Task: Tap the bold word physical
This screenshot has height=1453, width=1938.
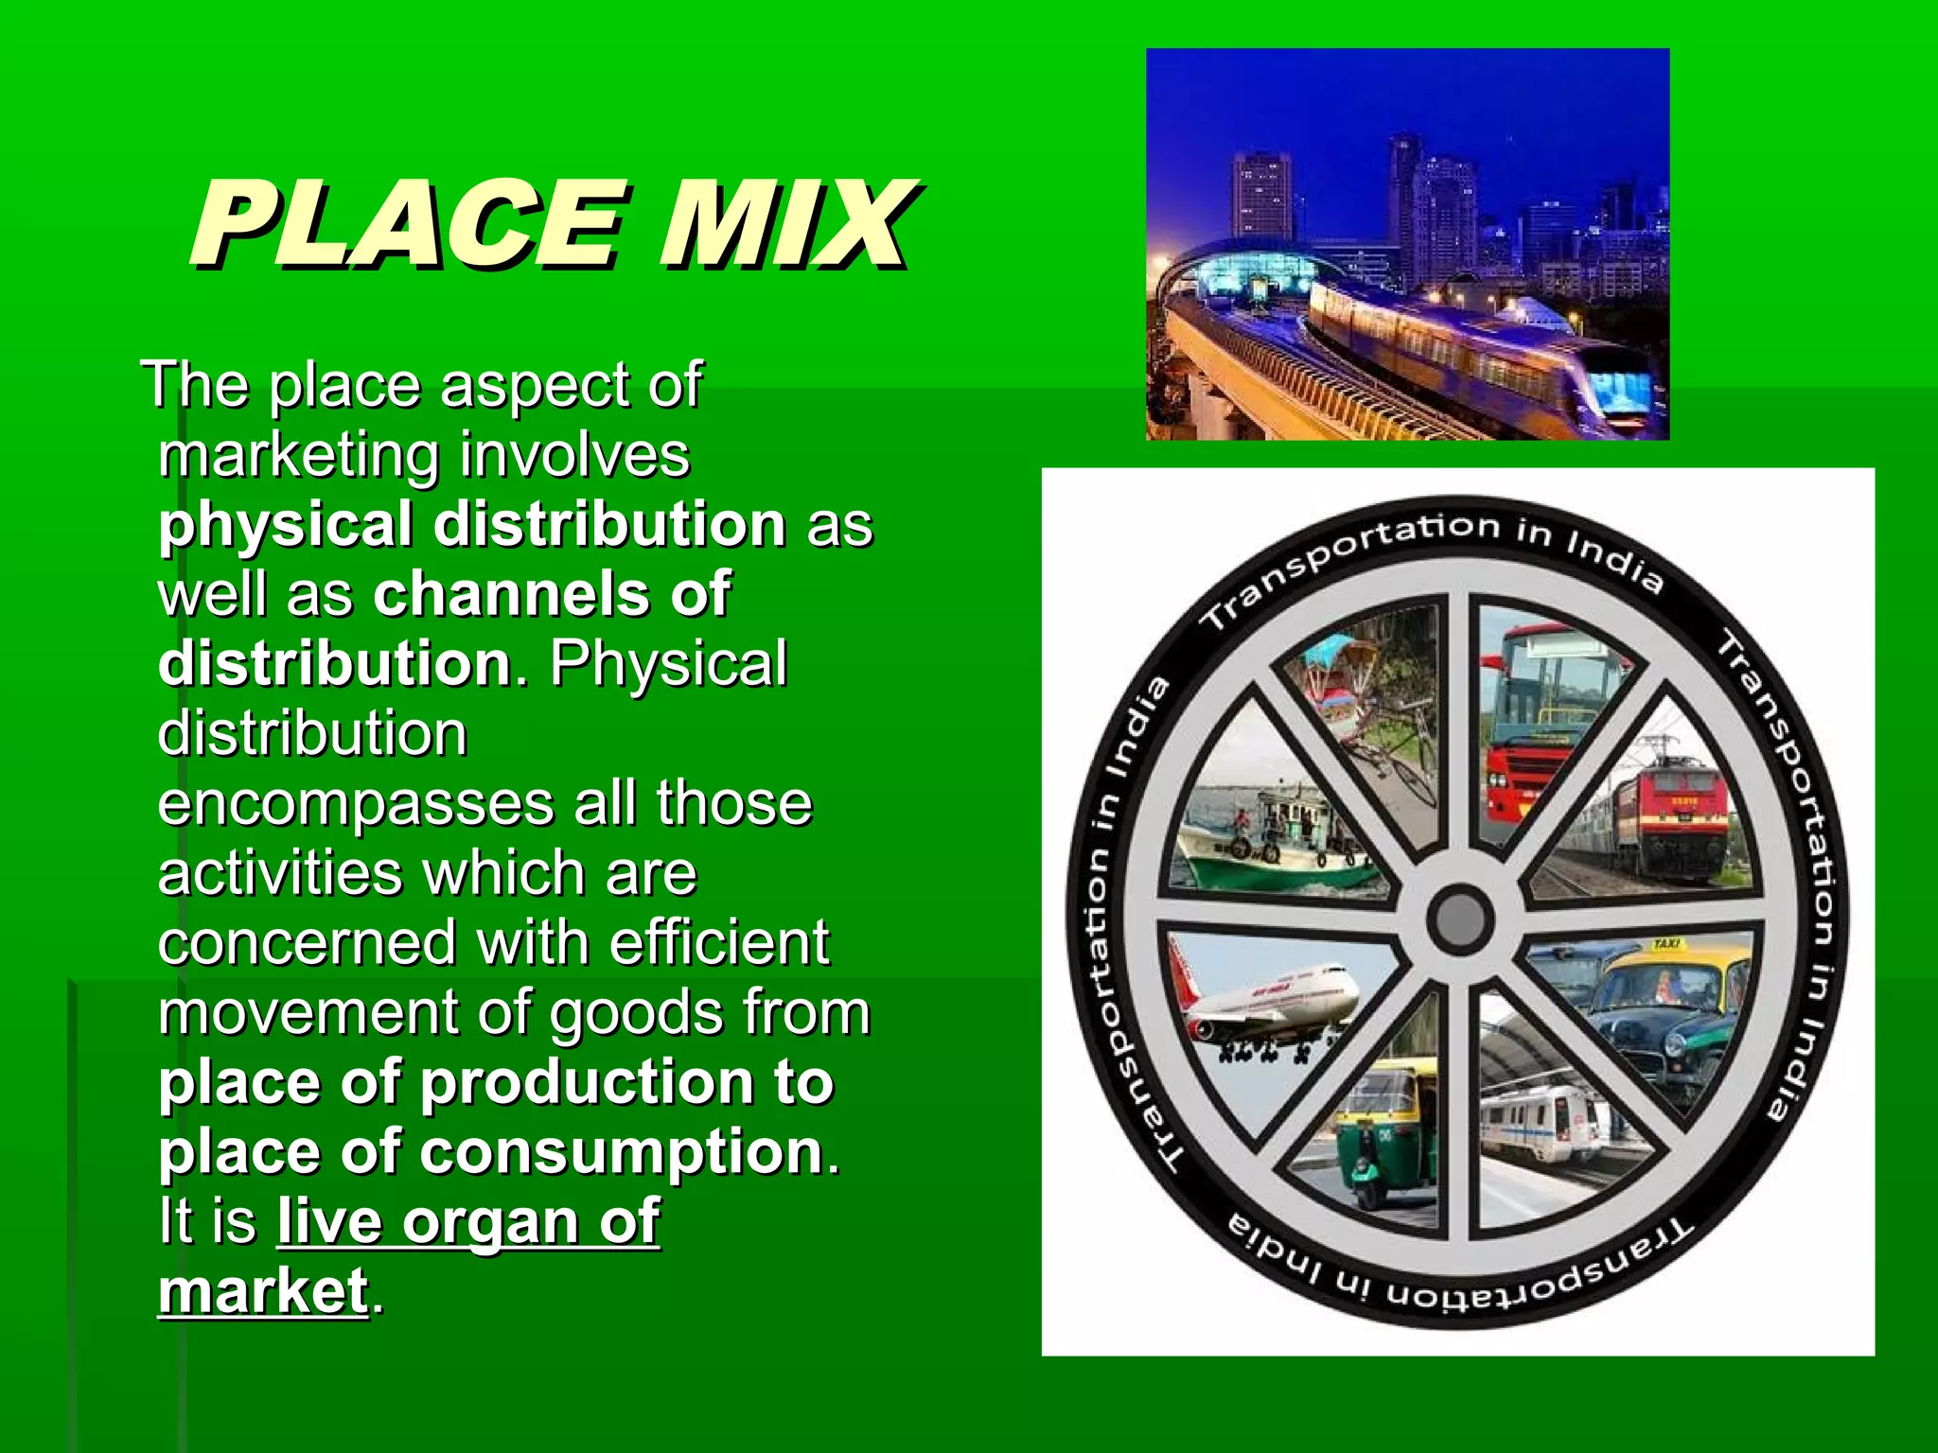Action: coord(285,525)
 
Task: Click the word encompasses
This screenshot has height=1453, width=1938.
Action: coord(356,804)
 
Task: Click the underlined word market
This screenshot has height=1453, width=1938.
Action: coord(263,1291)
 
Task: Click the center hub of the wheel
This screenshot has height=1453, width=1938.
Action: coord(1459,918)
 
